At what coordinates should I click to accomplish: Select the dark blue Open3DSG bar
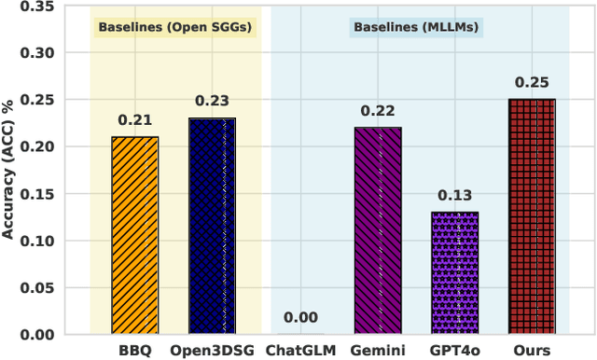click(x=213, y=226)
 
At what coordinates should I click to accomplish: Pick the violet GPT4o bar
click(x=454, y=273)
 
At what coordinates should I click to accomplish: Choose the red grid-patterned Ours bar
click(x=532, y=216)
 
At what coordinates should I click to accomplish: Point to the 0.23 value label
click(x=213, y=101)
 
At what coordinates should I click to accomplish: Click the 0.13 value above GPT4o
click(x=454, y=195)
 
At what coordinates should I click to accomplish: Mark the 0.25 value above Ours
click(x=532, y=82)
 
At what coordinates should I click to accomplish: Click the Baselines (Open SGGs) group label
click(x=176, y=27)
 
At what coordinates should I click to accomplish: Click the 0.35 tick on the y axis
click(x=40, y=7)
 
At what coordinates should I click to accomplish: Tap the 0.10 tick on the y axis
click(x=40, y=241)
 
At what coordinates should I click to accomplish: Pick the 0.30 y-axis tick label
click(x=40, y=53)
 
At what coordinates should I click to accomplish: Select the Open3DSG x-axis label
click(x=213, y=350)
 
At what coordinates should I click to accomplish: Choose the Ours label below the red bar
click(x=532, y=350)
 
